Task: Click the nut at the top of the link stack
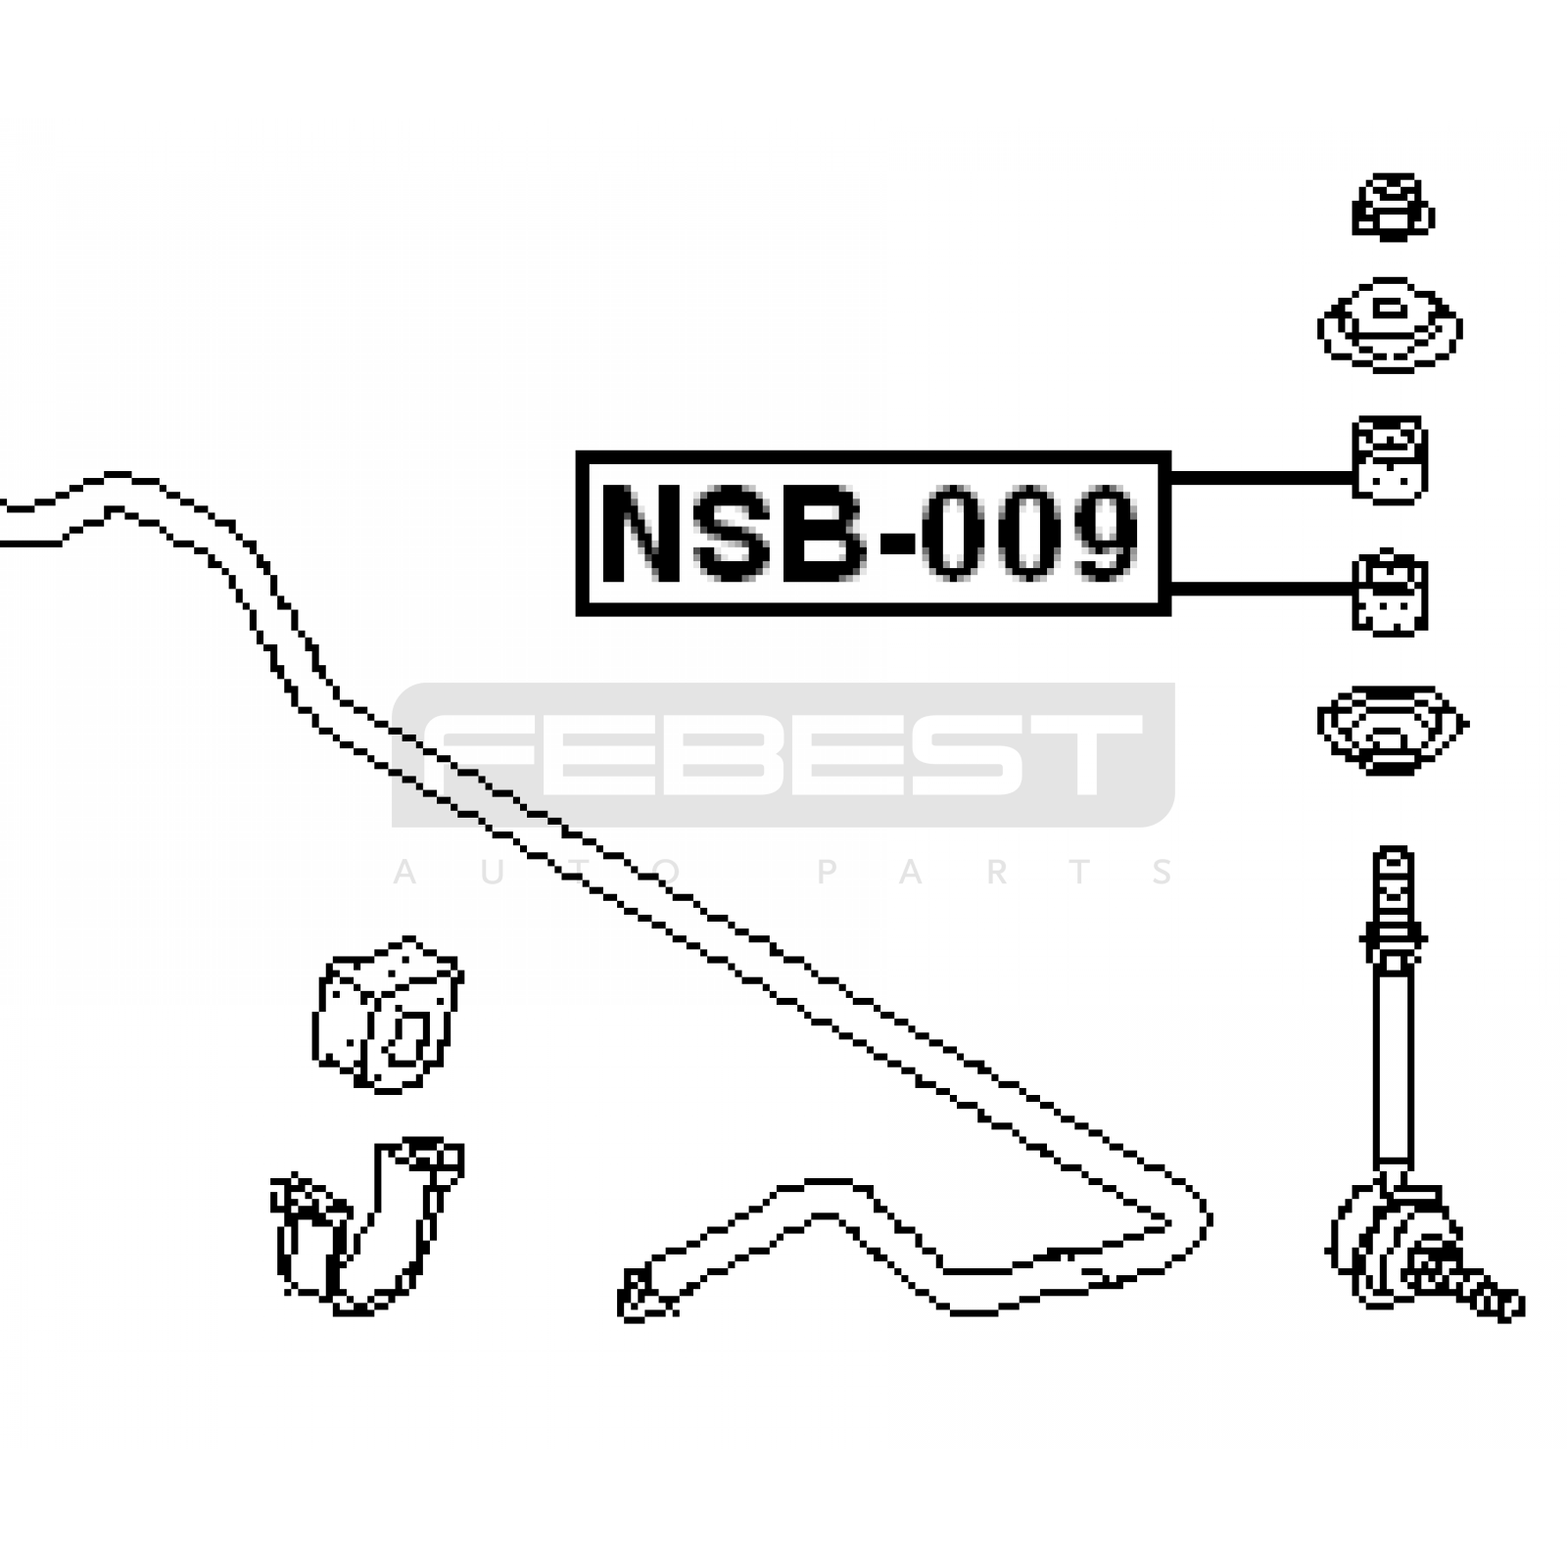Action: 1393,207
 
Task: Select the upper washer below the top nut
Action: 1390,324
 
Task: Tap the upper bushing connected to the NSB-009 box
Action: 1390,460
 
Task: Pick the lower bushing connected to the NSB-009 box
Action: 1390,593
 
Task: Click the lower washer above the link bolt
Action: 1392,729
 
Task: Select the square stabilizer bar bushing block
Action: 388,1015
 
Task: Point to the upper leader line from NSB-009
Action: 1261,477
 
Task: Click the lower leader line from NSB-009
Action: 1261,588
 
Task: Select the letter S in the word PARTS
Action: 1163,872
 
